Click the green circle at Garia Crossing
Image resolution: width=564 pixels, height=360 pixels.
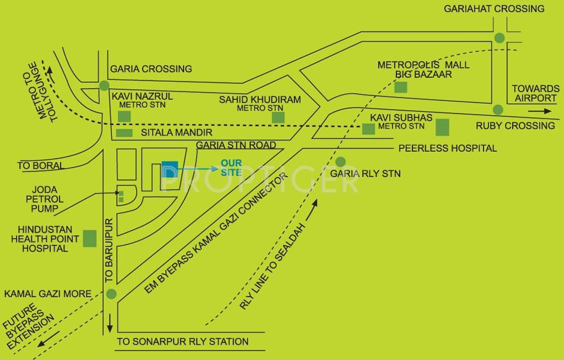[104, 86]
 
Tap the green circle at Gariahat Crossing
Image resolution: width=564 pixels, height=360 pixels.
[499, 38]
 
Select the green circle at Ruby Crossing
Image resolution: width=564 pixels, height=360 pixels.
[497, 109]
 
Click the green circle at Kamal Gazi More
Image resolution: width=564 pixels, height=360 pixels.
[111, 294]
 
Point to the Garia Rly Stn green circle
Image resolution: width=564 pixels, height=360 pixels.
[340, 161]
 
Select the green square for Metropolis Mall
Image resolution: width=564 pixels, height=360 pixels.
[400, 87]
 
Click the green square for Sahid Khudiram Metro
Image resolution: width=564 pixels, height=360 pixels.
[277, 117]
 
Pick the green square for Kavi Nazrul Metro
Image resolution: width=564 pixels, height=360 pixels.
[124, 116]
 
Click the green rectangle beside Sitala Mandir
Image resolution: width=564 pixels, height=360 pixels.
[124, 133]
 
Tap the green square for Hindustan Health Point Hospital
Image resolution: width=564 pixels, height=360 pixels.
[90, 238]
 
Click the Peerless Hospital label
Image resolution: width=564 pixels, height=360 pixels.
[447, 148]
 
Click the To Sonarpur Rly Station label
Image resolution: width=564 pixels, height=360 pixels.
[183, 341]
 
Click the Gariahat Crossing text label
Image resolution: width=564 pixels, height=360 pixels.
[494, 8]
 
